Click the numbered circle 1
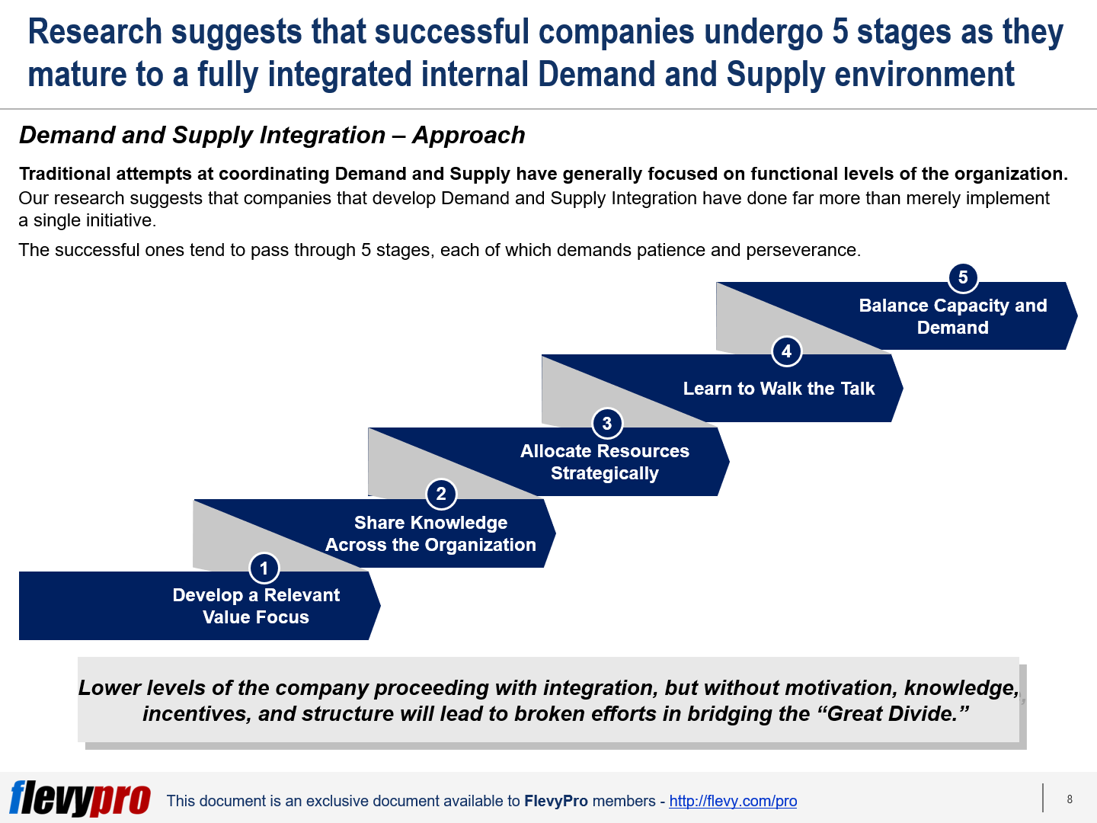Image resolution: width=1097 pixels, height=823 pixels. pyautogui.click(x=264, y=568)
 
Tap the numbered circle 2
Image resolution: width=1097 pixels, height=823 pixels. pyautogui.click(x=441, y=494)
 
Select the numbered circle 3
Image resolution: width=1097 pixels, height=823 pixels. pyautogui.click(x=607, y=423)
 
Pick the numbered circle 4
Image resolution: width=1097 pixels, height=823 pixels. pyautogui.click(x=786, y=351)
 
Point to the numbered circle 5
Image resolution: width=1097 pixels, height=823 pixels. pyautogui.click(x=963, y=277)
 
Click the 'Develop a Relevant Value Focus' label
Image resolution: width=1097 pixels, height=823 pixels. pyautogui.click(x=256, y=607)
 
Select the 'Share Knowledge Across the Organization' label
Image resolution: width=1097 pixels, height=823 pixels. pyautogui.click(x=430, y=534)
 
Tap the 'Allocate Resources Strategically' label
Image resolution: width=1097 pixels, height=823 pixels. pyautogui.click(x=605, y=462)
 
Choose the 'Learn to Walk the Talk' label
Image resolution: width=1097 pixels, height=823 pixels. pyautogui.click(x=779, y=389)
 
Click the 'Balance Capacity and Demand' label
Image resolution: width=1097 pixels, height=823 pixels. pyautogui.click(x=952, y=316)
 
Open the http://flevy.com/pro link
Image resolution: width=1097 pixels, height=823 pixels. pyautogui.click(x=733, y=801)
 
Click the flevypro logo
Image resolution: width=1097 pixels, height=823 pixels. pyautogui.click(x=80, y=798)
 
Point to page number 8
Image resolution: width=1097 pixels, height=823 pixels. pyautogui.click(x=1070, y=799)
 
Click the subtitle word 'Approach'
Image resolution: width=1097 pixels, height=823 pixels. pyautogui.click(x=469, y=135)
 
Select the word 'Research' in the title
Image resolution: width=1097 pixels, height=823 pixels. pyautogui.click(x=95, y=32)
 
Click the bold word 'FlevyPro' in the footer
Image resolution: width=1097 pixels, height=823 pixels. pyautogui.click(x=556, y=801)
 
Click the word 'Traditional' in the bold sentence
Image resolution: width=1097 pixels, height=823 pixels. pyautogui.click(x=65, y=174)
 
